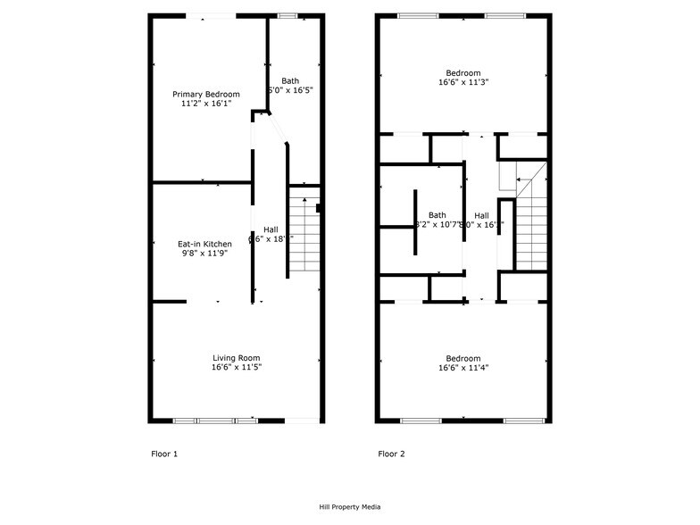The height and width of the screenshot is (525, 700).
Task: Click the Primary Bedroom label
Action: pos(206,94)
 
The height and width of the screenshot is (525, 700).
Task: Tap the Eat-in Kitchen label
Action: pos(204,244)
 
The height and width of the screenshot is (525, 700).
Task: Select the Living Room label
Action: pos(237,357)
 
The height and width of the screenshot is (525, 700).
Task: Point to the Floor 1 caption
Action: pos(164,454)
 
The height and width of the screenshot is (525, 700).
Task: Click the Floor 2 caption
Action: pos(391,454)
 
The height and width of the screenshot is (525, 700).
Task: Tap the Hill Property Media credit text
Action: pos(350,507)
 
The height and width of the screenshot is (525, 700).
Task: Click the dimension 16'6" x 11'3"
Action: pos(463,82)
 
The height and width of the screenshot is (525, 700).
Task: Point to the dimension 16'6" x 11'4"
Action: pos(463,367)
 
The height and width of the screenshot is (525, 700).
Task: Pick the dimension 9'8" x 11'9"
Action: pos(204,254)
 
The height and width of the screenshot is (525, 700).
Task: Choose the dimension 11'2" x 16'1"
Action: pos(206,104)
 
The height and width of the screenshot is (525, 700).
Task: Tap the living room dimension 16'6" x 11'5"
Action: pos(237,367)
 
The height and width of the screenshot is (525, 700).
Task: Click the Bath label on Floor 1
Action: pos(290,80)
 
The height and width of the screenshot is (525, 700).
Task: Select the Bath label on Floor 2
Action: pos(437,214)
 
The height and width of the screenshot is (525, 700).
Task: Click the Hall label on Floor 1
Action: pos(270,229)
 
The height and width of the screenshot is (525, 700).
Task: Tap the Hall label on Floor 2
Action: pos(481,214)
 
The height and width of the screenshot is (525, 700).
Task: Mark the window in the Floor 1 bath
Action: pos(287,16)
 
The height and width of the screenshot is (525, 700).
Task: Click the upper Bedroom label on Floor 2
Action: pos(463,72)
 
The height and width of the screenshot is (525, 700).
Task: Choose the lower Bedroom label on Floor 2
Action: pos(463,357)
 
